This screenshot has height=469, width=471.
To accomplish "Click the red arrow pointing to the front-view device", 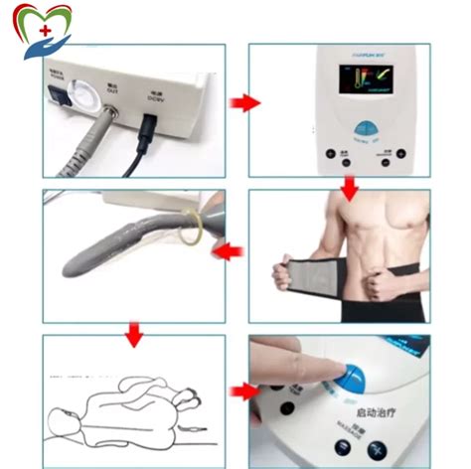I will (x=239, y=102).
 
